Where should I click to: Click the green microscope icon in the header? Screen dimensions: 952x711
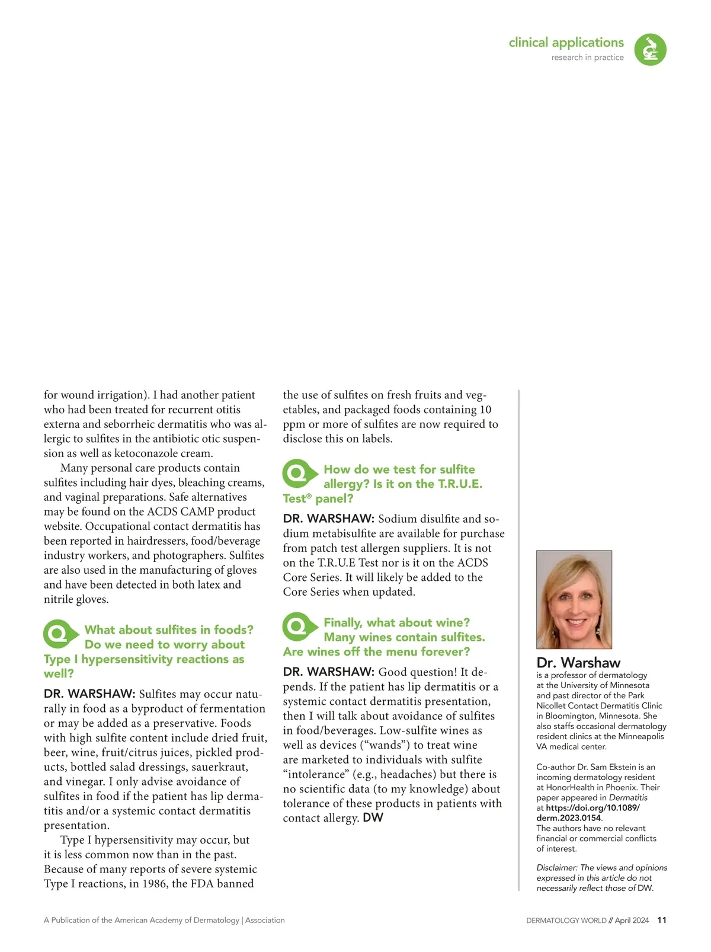coord(650,49)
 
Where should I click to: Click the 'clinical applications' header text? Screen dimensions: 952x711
coord(566,43)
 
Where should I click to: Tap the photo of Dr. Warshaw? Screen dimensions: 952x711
coord(574,599)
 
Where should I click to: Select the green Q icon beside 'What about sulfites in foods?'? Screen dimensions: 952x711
coord(59,634)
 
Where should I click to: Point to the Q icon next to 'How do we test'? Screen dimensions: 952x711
coord(298,473)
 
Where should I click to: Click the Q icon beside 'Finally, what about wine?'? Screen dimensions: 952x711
coord(298,627)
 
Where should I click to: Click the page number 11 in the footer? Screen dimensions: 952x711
coord(662,920)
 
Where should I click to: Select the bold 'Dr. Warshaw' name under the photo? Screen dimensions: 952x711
coord(578,662)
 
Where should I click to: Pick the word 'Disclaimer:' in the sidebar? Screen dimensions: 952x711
coord(557,867)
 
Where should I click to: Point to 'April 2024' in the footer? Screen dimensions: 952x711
coord(632,921)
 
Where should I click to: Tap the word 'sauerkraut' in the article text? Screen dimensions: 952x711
coord(219,767)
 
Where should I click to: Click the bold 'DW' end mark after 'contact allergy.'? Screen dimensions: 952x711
coord(373,818)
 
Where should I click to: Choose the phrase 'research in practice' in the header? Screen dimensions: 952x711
coord(587,57)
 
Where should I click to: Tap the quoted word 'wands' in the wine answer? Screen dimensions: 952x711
coord(386,745)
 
